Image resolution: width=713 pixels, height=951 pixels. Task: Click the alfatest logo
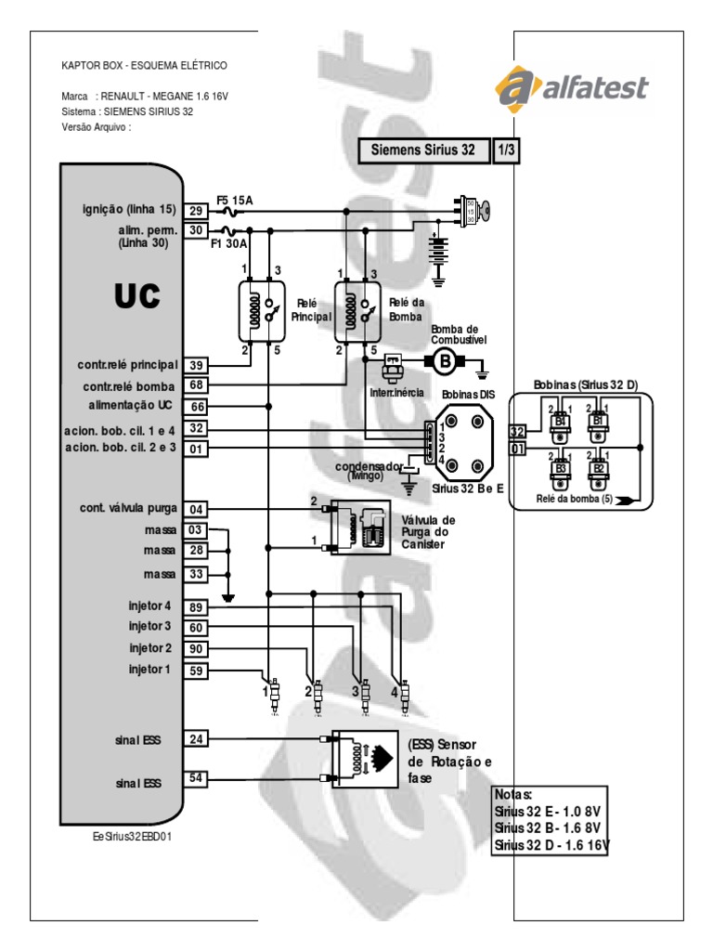point(572,89)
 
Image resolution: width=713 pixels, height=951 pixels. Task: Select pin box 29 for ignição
point(196,211)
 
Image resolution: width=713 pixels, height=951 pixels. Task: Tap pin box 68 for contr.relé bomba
point(196,385)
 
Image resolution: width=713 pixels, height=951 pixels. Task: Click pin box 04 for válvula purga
point(196,509)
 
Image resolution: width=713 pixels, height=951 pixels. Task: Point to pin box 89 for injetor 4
point(196,606)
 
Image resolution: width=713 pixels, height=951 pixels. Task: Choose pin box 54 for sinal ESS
point(196,778)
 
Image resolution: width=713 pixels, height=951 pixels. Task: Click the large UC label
point(137,296)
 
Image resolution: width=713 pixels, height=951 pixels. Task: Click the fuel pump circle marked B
point(444,361)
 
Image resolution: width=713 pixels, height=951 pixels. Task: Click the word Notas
point(514,796)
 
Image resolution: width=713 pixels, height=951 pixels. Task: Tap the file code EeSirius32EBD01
point(134,836)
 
